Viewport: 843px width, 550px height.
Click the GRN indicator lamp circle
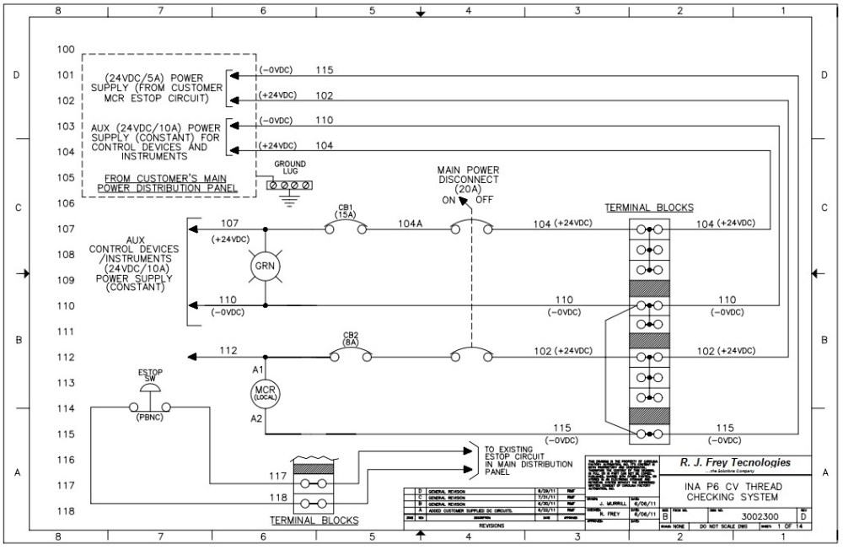(x=266, y=267)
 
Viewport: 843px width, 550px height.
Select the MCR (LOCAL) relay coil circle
(x=266, y=393)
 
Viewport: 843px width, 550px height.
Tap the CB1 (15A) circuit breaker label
(x=346, y=211)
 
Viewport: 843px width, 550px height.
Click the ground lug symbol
(x=289, y=185)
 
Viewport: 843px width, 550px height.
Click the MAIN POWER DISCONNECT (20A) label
(x=468, y=179)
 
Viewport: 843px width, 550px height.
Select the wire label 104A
(x=411, y=224)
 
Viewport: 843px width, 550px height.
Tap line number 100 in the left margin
(x=66, y=50)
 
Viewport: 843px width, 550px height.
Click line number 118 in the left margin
(x=66, y=512)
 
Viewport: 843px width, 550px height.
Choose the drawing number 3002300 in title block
(x=760, y=516)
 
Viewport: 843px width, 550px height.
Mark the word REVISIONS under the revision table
(x=491, y=525)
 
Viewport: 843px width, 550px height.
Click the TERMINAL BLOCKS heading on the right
(x=649, y=208)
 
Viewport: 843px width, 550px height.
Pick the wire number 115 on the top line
(x=325, y=70)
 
